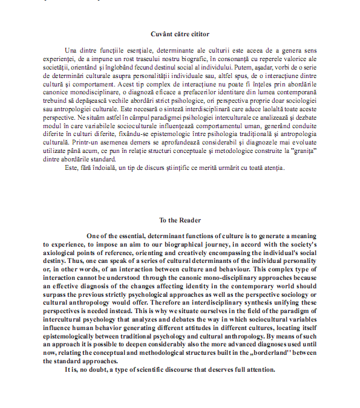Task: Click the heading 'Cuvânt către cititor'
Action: (180, 34)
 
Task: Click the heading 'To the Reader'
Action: (180, 221)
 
